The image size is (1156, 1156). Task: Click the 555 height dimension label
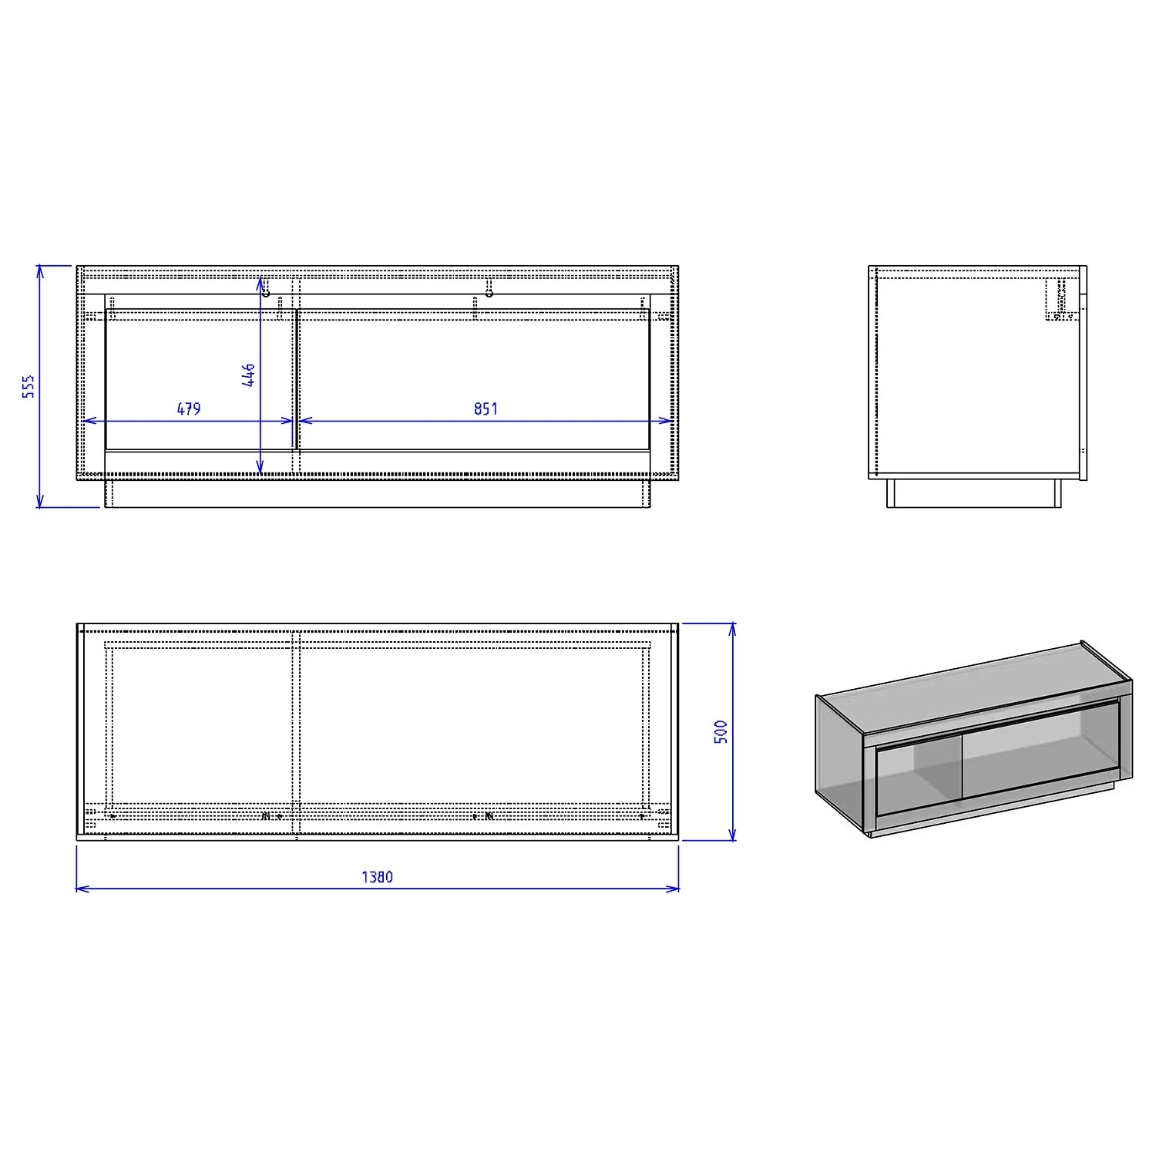(29, 387)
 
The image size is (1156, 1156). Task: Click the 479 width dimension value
(189, 408)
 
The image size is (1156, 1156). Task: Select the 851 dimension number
(486, 408)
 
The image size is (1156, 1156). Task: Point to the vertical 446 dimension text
(248, 375)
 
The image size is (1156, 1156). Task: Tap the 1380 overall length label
(377, 877)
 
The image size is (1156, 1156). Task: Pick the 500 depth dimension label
(721, 731)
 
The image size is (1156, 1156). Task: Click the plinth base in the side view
(974, 493)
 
